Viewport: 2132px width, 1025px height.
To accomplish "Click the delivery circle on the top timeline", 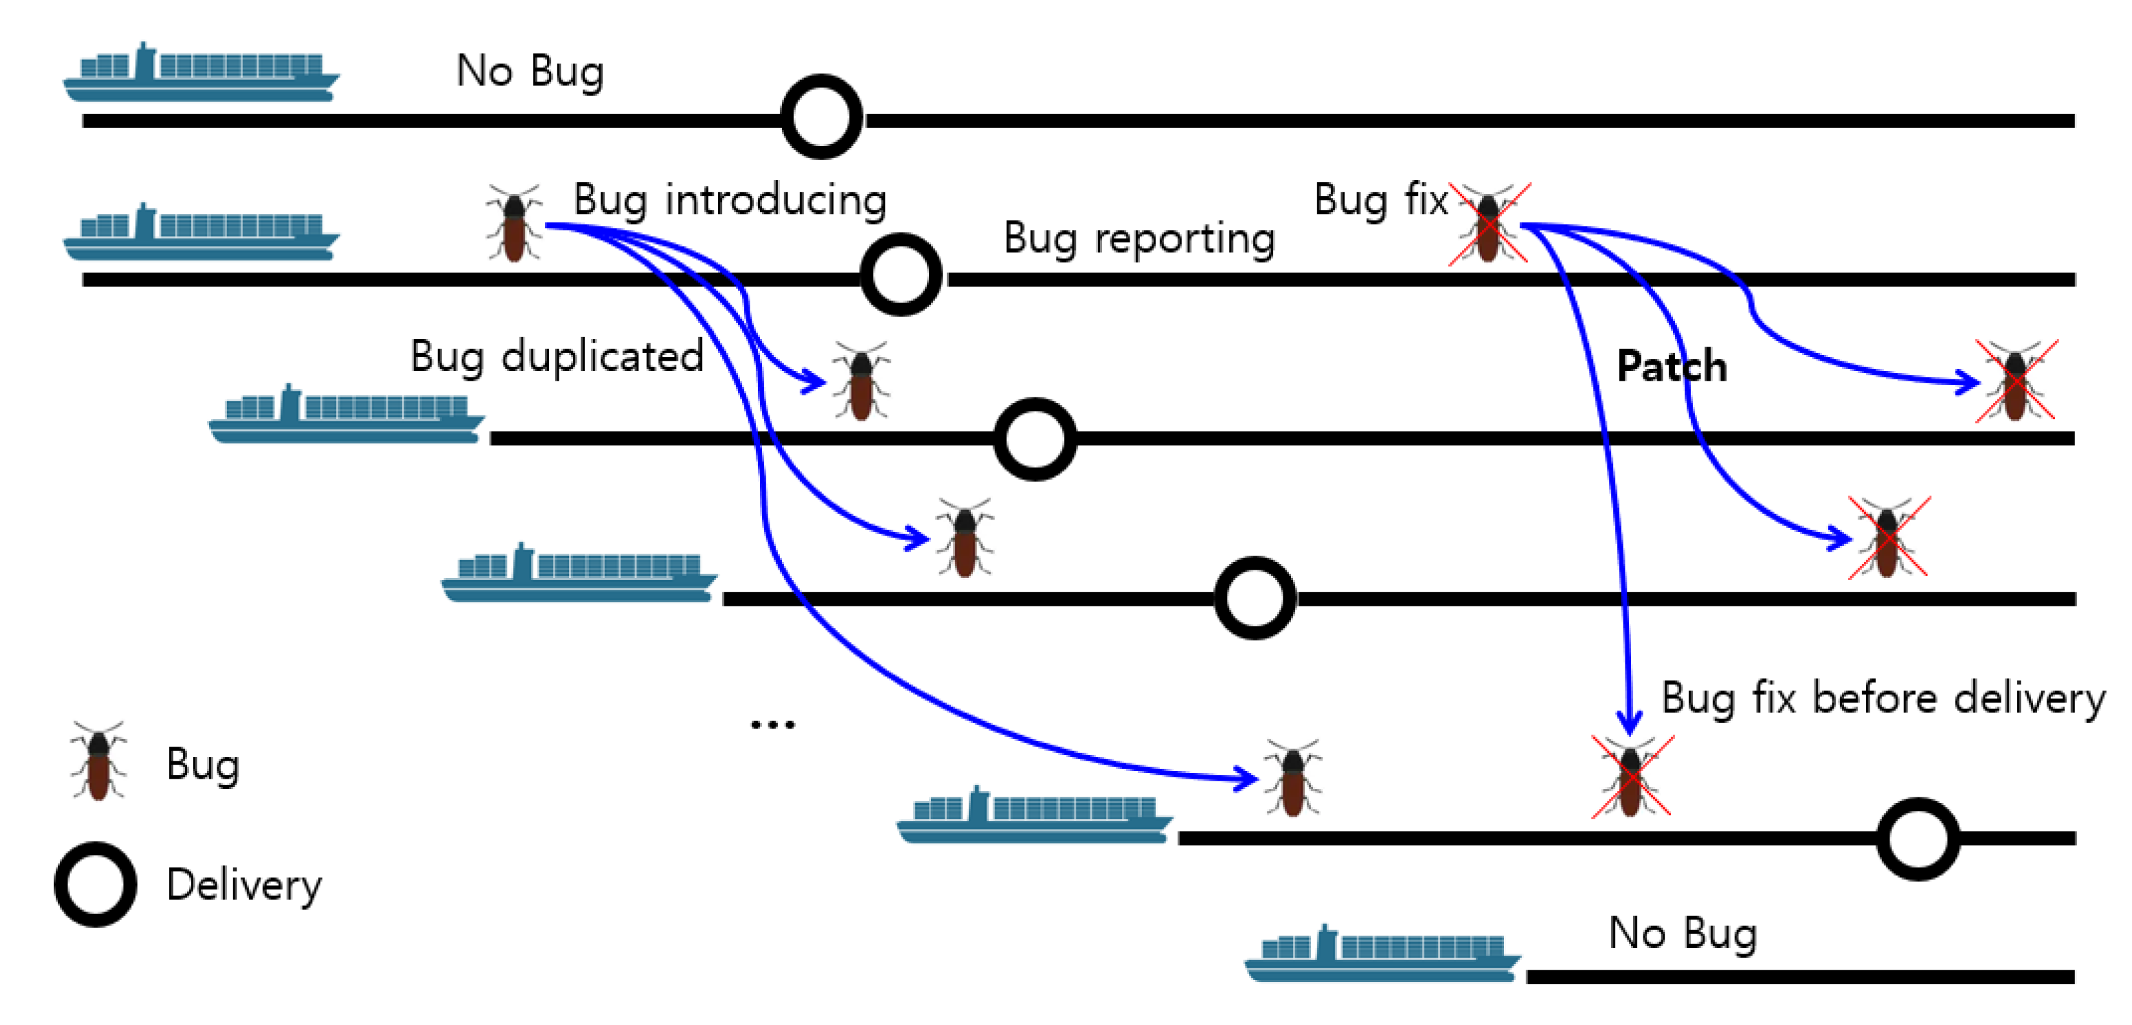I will [821, 117].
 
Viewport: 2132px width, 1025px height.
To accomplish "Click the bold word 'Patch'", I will [1671, 367].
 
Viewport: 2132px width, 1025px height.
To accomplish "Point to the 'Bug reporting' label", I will [1139, 239].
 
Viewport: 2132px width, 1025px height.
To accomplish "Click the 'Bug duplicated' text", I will [556, 357].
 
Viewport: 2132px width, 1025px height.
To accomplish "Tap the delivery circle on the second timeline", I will [901, 274].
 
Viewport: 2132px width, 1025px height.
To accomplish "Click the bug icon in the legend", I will [98, 760].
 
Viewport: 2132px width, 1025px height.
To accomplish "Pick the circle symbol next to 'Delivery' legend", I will [95, 884].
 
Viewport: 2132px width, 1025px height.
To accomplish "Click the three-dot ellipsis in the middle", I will [772, 725].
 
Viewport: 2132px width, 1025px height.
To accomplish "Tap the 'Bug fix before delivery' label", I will [1883, 698].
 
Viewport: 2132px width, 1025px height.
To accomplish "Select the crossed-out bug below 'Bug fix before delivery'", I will [1631, 777].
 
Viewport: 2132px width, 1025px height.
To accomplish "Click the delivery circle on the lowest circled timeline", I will [1918, 838].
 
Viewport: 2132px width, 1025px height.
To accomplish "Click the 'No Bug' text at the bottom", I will [1682, 933].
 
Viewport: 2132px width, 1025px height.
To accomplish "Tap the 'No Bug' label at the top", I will [530, 71].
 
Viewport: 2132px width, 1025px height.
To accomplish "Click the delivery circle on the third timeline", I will [1034, 439].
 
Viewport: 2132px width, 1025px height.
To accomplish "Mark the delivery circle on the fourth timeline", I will [1254, 597].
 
